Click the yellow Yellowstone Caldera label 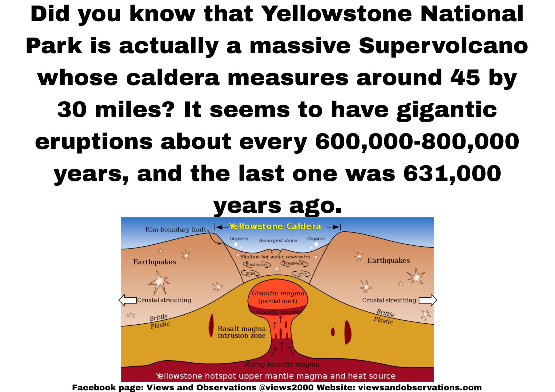point(275,226)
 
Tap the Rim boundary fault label point(176,229)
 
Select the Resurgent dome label point(278,241)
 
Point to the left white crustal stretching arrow point(128,300)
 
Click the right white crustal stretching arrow point(428,300)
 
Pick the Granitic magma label point(278,293)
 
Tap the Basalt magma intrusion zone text point(242,332)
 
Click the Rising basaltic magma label point(282,364)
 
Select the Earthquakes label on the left point(154,262)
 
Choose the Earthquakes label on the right point(389,260)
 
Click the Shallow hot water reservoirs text point(275,257)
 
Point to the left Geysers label point(238,239)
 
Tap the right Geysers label point(316,239)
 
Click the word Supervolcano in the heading point(443,46)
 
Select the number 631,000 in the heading point(452,174)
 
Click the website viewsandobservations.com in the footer point(420,387)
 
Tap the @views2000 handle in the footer point(286,387)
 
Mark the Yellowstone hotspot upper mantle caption point(275,376)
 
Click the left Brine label point(250,273)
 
